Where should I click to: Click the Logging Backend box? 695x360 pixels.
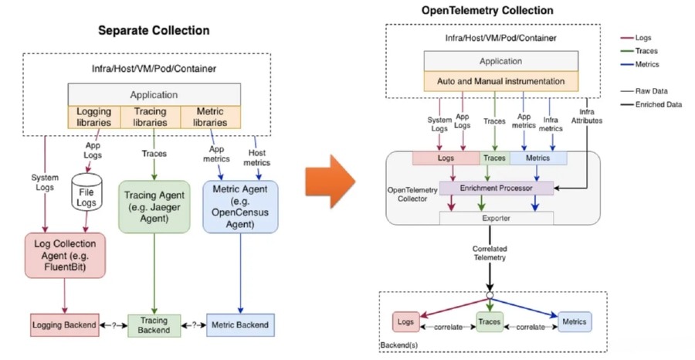coord(64,324)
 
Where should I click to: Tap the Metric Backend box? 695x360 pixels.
coord(239,324)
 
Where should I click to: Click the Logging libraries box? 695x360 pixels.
coord(94,117)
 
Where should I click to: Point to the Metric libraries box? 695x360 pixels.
coord(208,117)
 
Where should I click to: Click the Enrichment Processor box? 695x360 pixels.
coord(497,188)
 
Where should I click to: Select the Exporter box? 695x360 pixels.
coord(497,219)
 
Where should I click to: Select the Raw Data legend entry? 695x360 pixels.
coord(653,90)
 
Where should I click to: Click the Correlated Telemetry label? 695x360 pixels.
coord(490,253)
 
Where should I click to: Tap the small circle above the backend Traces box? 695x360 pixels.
coord(490,295)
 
